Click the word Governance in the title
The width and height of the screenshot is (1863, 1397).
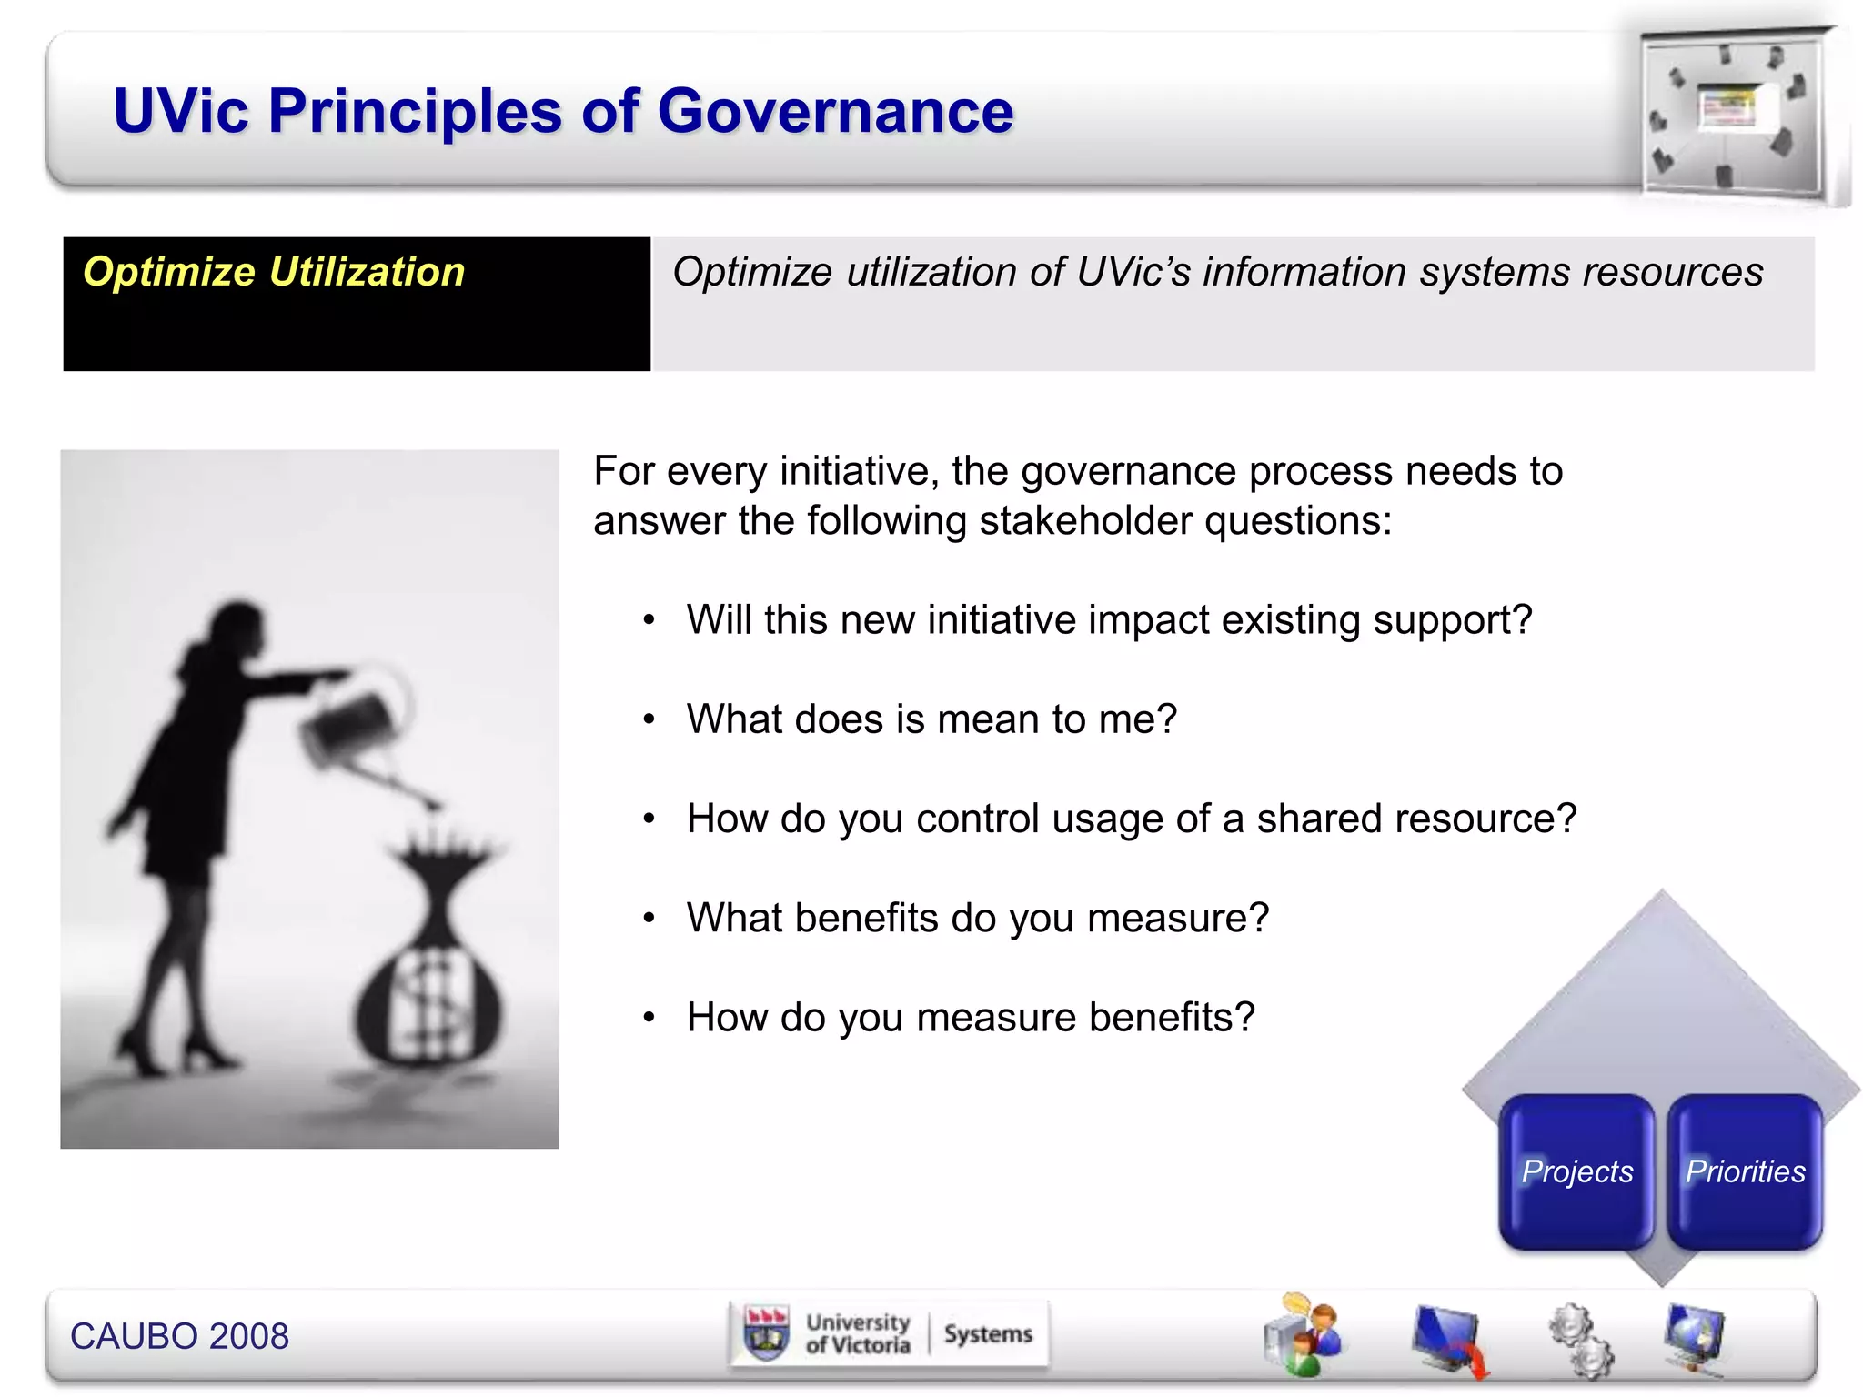834,112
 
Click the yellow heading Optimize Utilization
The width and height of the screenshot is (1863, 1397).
274,272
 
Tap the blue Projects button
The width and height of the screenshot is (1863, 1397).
1576,1171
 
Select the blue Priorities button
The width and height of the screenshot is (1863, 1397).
1745,1171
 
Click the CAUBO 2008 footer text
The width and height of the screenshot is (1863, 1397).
179,1336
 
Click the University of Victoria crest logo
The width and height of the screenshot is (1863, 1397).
766,1334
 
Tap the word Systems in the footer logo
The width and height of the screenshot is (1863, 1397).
988,1334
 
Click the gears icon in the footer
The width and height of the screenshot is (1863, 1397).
1581,1340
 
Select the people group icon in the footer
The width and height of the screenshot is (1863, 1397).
1304,1335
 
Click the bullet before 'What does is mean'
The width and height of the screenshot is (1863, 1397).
649,719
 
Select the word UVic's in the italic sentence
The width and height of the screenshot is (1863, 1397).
1133,272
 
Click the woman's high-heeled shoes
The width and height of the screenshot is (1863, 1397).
173,1055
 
